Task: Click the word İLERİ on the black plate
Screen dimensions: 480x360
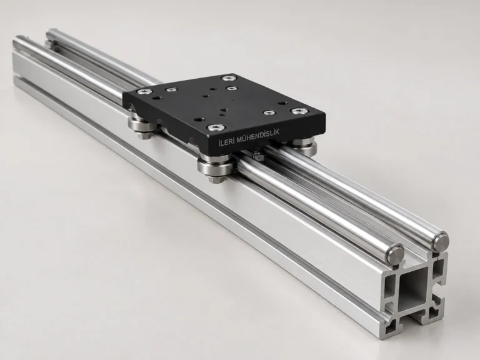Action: click(226, 141)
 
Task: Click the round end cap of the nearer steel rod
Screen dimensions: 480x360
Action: click(395, 253)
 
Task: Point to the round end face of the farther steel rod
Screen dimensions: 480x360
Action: click(440, 241)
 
